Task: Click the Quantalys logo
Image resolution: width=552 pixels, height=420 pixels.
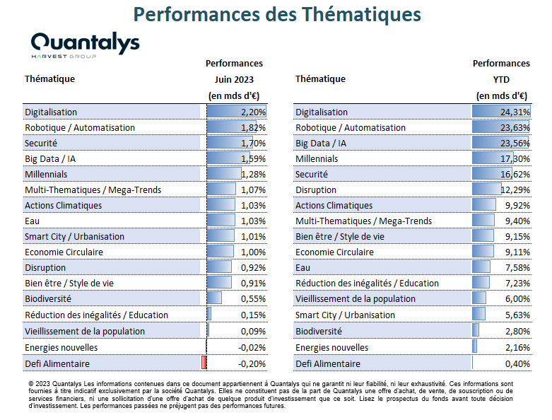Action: pos(86,45)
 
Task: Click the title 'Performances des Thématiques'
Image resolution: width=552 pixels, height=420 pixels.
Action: pos(277,14)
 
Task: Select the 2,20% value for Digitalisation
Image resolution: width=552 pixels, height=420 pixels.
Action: pos(253,112)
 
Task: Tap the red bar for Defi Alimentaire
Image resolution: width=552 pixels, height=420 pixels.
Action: pos(204,363)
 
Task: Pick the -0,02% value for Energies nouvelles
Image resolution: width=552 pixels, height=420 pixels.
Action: pos(252,347)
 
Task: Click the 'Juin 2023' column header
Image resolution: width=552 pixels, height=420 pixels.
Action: pos(234,80)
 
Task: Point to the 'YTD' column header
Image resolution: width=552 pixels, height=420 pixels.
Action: pos(501,80)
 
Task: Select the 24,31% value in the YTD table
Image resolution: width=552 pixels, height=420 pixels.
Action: pos(515,112)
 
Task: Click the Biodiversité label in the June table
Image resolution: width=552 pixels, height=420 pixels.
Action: pos(48,299)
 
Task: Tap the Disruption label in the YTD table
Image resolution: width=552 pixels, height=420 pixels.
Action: pos(316,190)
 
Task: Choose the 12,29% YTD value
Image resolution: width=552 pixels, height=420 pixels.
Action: pos(515,190)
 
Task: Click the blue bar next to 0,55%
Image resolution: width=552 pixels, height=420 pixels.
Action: pos(214,298)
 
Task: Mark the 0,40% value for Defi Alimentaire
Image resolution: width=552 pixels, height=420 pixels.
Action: pos(517,363)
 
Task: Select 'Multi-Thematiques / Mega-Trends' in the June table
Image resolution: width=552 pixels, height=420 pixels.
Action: pos(93,190)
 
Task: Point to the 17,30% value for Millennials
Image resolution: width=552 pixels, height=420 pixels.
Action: pos(515,159)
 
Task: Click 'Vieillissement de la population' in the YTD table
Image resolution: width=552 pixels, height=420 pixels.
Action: pos(356,299)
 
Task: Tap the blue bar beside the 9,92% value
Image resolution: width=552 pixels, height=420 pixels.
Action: pos(483,204)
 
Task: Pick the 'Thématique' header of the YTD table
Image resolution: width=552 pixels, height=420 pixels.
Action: pos(320,79)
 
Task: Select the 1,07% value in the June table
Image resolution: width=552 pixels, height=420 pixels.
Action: pos(253,190)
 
